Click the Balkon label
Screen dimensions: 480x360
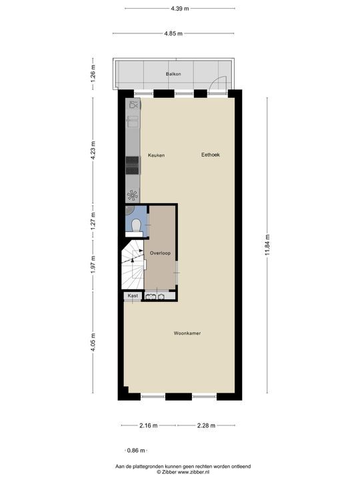pos(173,74)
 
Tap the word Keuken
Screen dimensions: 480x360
pos(157,155)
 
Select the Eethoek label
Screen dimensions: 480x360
pos(211,155)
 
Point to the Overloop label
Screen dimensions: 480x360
pos(160,253)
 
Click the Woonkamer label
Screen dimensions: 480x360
pos(187,333)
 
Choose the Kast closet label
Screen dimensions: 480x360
pos(132,295)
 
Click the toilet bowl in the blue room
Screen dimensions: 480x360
pos(135,225)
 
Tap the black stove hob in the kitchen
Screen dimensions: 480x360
pos(132,164)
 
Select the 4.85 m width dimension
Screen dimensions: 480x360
pos(174,33)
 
